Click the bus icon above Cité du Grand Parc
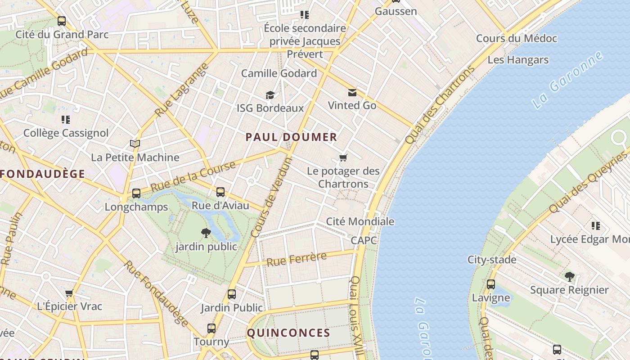(x=62, y=21)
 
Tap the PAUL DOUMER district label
(x=291, y=137)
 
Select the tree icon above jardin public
(x=206, y=233)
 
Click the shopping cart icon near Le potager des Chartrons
(x=343, y=157)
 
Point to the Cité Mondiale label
(x=360, y=221)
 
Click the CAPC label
(x=364, y=240)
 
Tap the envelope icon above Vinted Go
(x=352, y=93)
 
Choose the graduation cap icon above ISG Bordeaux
(x=270, y=95)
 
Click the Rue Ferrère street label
(x=297, y=259)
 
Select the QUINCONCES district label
(x=288, y=333)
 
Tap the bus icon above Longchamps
(x=136, y=193)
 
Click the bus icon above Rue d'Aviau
(x=220, y=192)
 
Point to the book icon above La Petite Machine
(x=135, y=144)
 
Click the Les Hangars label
(x=518, y=60)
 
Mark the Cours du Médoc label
(x=517, y=39)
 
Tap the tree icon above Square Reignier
(x=569, y=276)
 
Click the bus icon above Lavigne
(x=491, y=284)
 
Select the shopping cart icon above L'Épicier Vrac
(x=69, y=293)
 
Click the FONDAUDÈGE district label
(x=43, y=174)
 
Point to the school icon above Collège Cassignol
(x=66, y=120)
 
